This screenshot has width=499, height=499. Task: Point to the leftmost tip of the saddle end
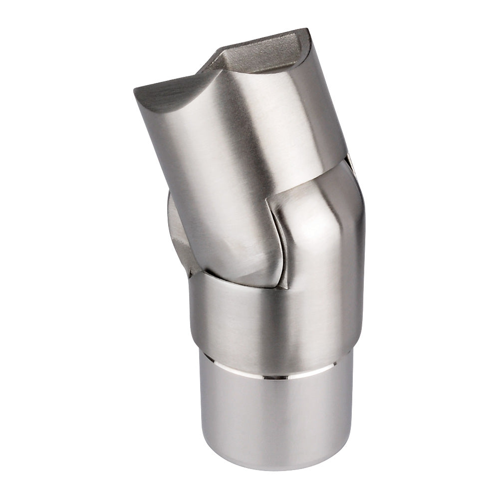(135, 90)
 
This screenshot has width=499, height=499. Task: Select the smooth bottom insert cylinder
(274, 424)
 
